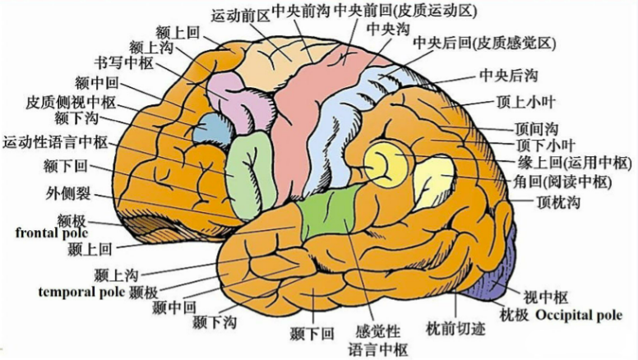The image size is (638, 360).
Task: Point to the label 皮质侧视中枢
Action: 71,104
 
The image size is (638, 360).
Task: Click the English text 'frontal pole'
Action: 49,233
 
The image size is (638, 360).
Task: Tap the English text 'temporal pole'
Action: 81,291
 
